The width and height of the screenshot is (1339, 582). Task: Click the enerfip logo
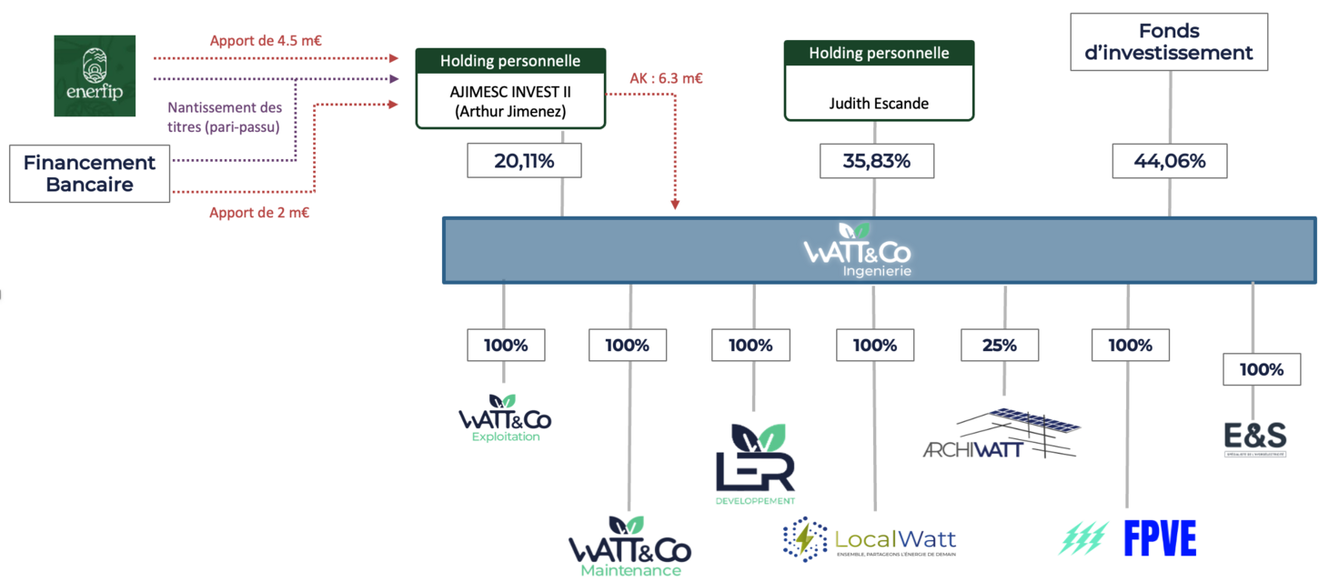click(x=95, y=75)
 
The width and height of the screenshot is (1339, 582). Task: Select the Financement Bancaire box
click(x=89, y=174)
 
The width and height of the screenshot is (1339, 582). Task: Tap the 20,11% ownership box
click(x=524, y=161)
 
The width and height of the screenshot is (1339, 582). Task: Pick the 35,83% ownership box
click(x=877, y=161)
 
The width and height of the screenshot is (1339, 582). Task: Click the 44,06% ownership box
click(x=1170, y=161)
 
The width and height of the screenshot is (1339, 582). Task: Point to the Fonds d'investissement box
click(x=1170, y=42)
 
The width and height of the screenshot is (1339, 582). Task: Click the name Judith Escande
click(x=879, y=103)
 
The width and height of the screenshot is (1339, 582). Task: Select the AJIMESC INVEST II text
click(x=510, y=92)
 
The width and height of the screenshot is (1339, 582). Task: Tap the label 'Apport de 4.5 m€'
click(x=267, y=40)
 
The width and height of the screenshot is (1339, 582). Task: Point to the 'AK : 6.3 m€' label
click(x=666, y=78)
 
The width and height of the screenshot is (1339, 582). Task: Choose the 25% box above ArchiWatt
click(x=1000, y=346)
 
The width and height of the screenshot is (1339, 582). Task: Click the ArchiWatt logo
click(x=1002, y=434)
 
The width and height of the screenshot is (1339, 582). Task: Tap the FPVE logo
click(x=1129, y=537)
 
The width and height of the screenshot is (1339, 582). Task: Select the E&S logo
click(x=1254, y=438)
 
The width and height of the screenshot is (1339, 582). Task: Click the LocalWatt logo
click(x=869, y=539)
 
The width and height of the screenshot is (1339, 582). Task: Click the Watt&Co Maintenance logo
click(x=629, y=547)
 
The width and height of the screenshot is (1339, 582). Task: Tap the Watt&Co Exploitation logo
click(x=505, y=419)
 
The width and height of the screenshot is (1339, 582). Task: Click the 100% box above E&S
click(x=1262, y=369)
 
